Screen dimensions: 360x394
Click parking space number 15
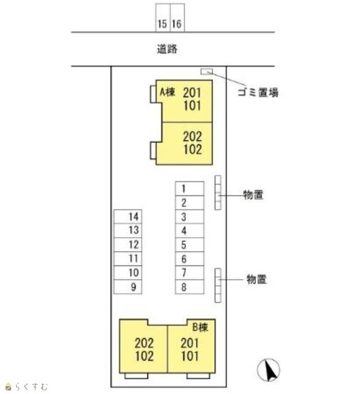pos(163,18)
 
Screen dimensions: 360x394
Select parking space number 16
pos(177,18)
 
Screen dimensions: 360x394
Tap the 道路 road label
pos(167,49)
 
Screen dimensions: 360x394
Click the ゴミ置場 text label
pos(258,92)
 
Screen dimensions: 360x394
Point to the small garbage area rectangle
pos(207,71)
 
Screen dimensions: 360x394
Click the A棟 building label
pos(167,92)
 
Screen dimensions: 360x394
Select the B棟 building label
pos(200,327)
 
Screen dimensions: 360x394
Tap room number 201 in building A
pos(192,93)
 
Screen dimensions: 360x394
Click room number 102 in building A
pos(193,149)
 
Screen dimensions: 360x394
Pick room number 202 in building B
pos(144,343)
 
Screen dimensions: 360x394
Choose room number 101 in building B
pos(190,356)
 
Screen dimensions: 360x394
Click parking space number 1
pos(190,188)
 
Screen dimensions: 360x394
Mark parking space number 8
pos(190,287)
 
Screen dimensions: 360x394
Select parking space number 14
pos(128,217)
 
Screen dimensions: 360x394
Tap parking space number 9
pos(128,287)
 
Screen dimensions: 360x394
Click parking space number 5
pos(190,245)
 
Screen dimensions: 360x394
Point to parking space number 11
pos(128,259)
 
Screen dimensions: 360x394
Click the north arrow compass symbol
pos(268,370)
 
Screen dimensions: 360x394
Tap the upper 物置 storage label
pos(254,195)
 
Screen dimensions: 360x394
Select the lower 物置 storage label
pos(256,279)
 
